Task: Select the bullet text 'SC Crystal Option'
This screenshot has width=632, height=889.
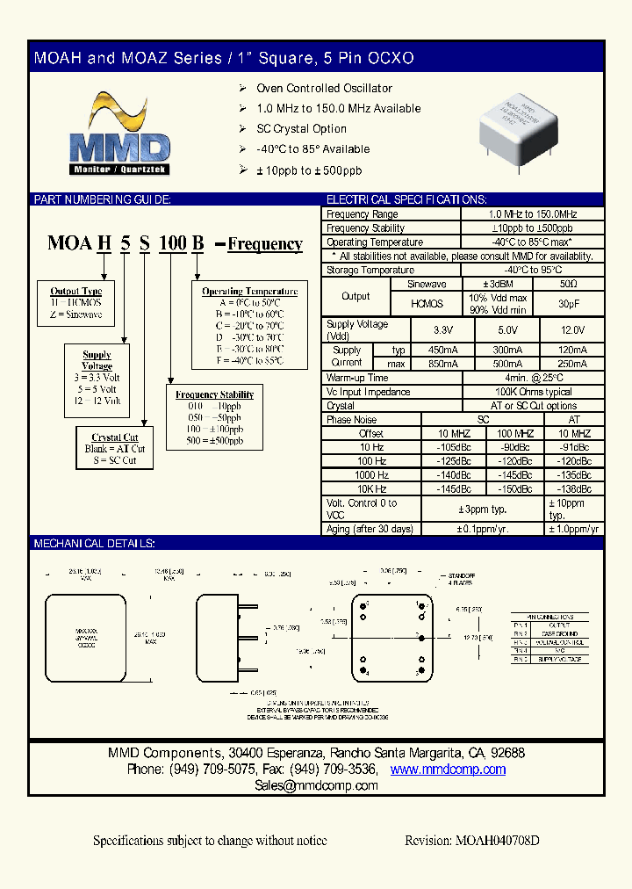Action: pos(301,129)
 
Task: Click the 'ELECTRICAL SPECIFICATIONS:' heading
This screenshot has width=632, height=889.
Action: pos(406,200)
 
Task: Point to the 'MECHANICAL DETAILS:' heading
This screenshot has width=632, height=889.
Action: pos(94,545)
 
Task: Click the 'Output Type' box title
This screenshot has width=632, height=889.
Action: pos(76,291)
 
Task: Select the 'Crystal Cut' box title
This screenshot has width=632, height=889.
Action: pos(115,437)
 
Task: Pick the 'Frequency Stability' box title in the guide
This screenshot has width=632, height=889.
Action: pos(214,395)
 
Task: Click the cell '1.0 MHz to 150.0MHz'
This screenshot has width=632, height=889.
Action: pos(532,214)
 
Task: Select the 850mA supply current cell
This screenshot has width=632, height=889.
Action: pos(448,364)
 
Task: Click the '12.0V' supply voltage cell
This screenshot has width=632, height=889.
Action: pos(573,330)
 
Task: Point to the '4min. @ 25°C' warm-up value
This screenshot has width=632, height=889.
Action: pos(532,379)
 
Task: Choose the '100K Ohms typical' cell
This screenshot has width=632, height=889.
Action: pos(532,393)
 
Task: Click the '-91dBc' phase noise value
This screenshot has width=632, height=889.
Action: pos(574,447)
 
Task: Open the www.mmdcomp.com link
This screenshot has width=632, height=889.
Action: pos(448,770)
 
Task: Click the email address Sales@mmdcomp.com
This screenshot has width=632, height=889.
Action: pos(316,785)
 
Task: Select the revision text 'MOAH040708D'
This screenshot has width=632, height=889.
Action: pos(496,841)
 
